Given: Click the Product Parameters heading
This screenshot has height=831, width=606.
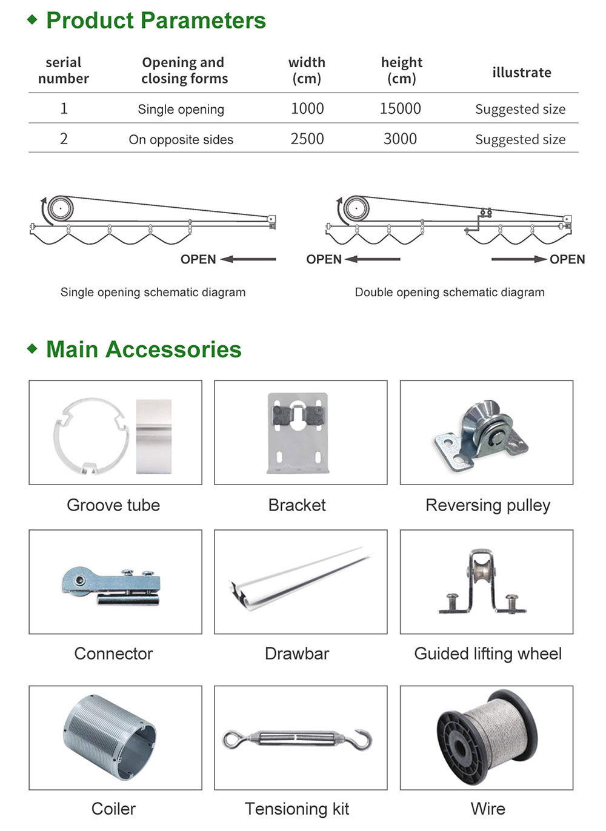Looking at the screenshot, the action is [156, 20].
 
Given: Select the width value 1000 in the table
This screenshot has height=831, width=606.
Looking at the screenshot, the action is [307, 108].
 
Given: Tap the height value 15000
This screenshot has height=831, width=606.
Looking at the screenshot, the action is [400, 108].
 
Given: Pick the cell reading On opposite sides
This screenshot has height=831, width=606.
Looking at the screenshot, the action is [181, 139].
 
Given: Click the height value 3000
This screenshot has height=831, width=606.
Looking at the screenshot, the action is [400, 139].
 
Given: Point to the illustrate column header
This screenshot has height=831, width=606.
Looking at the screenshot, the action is [522, 72].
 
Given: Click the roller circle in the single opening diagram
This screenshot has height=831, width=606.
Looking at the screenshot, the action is [61, 208].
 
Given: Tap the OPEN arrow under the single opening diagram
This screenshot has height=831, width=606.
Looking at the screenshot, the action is [248, 259].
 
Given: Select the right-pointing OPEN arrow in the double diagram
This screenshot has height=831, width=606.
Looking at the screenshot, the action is [519, 259].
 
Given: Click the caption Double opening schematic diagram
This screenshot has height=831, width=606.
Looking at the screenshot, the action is [450, 293].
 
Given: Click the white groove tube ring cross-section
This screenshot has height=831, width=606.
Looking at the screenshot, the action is [92, 436].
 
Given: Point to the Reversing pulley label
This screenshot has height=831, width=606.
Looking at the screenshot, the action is [488, 505].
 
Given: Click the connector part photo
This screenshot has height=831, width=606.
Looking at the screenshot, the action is [111, 586].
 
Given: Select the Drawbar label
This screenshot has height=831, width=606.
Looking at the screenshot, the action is [297, 654].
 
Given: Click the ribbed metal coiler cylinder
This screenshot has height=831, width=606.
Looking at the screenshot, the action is [110, 738].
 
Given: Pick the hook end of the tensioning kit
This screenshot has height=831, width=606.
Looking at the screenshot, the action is [361, 740].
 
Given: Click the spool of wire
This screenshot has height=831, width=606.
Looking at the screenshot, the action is [487, 738].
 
